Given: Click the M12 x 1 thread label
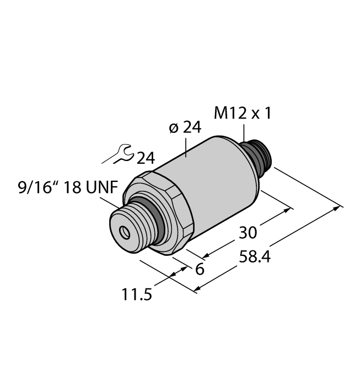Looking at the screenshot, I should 242,114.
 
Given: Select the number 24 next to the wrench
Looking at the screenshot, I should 145,159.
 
